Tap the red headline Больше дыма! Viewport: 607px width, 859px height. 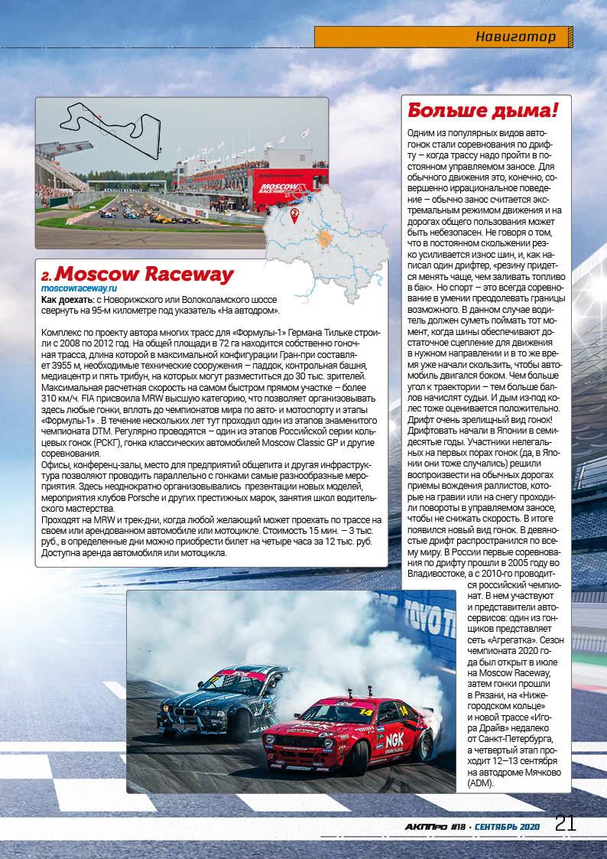tap(482, 110)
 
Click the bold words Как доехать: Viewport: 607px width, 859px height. tap(67, 299)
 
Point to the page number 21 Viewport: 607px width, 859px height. tap(565, 823)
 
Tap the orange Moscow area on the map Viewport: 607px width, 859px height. tap(326, 238)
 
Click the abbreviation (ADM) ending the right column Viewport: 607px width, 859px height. tap(481, 783)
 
